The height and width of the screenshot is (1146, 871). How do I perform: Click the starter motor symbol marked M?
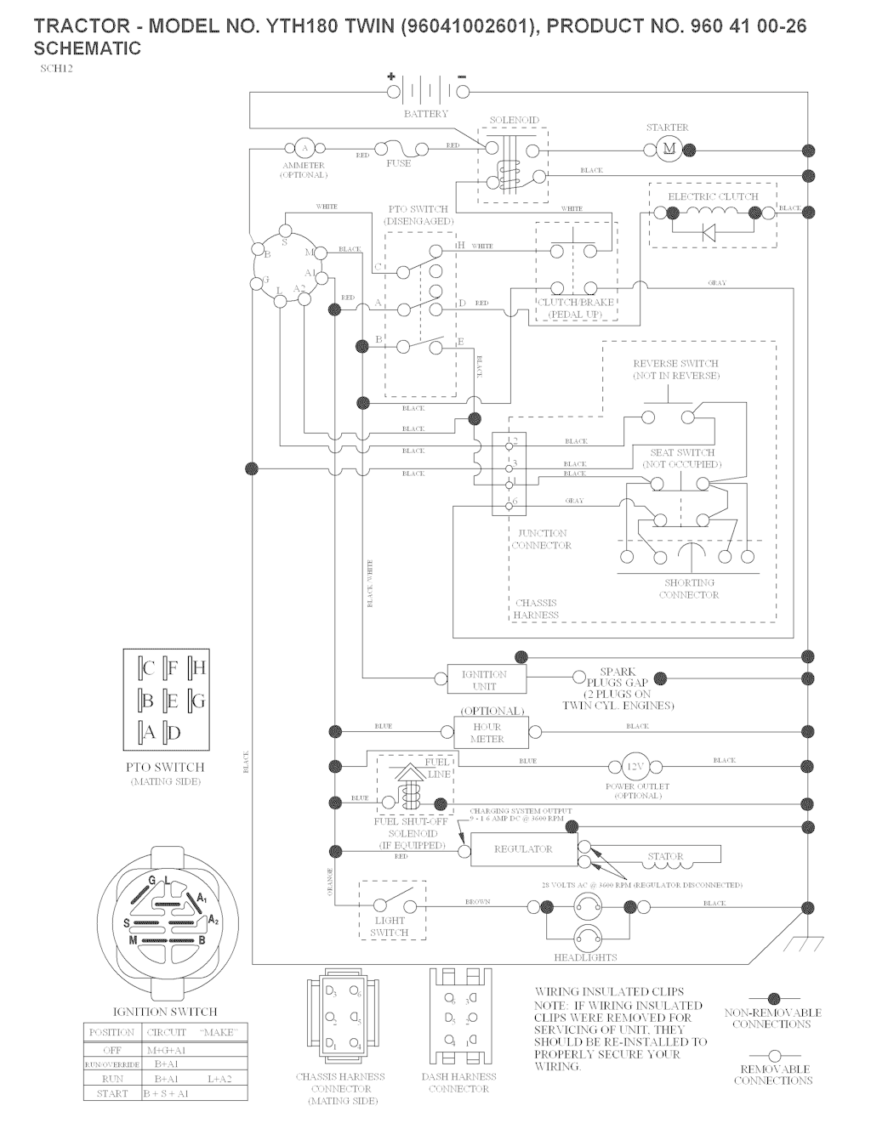click(669, 150)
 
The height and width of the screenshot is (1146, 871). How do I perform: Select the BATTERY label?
click(425, 114)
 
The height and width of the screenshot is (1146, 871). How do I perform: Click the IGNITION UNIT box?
click(484, 678)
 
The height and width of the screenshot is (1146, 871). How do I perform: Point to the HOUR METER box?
click(490, 732)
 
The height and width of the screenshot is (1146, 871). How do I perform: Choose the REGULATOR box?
click(523, 849)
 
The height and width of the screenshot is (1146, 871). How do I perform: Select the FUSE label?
click(398, 163)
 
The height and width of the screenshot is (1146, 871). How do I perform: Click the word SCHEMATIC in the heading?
click(88, 48)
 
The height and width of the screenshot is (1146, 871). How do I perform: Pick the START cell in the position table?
click(112, 1093)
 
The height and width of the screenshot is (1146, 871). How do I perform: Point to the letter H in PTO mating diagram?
click(199, 668)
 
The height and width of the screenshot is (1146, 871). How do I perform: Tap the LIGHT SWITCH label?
click(390, 927)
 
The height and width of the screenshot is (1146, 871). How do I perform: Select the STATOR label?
click(665, 857)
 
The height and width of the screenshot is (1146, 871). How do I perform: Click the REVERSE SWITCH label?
click(676, 369)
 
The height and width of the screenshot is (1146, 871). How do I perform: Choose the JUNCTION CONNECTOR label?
click(542, 539)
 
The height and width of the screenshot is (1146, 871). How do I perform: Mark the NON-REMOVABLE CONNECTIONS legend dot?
click(773, 998)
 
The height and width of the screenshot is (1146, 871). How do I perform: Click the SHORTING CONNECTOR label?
click(689, 588)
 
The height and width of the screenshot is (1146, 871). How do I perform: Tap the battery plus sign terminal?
click(392, 77)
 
